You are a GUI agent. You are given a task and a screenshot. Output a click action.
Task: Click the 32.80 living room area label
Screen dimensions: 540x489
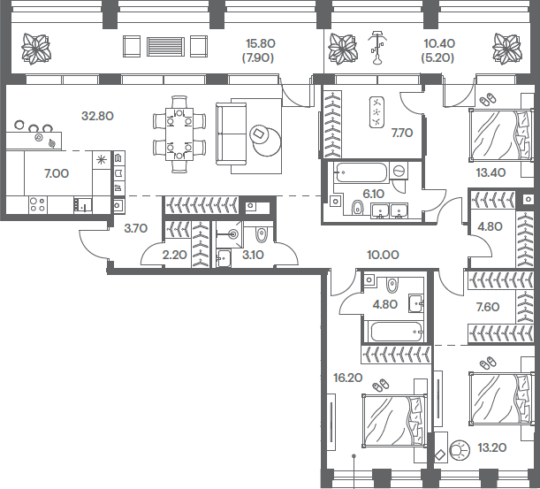tap(97, 116)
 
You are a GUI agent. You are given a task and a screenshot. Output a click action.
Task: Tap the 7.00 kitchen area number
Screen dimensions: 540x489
tap(57, 173)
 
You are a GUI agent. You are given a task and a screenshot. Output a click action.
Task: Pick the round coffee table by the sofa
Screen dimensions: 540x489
tap(267, 141)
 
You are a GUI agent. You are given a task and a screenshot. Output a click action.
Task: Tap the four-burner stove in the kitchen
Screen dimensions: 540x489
tap(37, 204)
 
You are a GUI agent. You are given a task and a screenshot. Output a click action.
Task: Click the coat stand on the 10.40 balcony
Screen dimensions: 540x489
tap(377, 48)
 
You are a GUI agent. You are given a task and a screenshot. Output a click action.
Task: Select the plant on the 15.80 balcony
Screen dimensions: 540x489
tap(36, 49)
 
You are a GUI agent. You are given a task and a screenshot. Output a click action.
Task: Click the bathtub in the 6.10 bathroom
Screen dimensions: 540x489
tap(361, 172)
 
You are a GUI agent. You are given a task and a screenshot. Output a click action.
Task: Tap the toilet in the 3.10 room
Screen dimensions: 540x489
tap(262, 234)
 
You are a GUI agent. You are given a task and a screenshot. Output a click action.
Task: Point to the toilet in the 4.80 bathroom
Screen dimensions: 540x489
tap(392, 286)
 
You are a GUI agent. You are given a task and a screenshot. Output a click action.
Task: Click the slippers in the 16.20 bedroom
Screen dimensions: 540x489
tap(381, 385)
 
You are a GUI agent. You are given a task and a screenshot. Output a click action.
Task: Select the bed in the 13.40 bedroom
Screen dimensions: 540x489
tap(500, 134)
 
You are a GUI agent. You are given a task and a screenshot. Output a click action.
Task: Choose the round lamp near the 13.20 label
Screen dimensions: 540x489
tap(460, 450)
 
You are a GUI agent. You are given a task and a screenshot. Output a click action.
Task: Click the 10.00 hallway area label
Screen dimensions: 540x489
tap(383, 255)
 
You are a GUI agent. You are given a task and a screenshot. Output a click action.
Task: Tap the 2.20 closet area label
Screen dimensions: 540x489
tap(175, 255)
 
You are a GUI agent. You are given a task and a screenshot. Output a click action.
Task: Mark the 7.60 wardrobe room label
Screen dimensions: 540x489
tap(488, 306)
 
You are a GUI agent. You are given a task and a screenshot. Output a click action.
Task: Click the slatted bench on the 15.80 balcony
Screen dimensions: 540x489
tap(165, 47)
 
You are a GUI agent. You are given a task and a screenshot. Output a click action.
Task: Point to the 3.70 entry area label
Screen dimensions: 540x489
tap(136, 228)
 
